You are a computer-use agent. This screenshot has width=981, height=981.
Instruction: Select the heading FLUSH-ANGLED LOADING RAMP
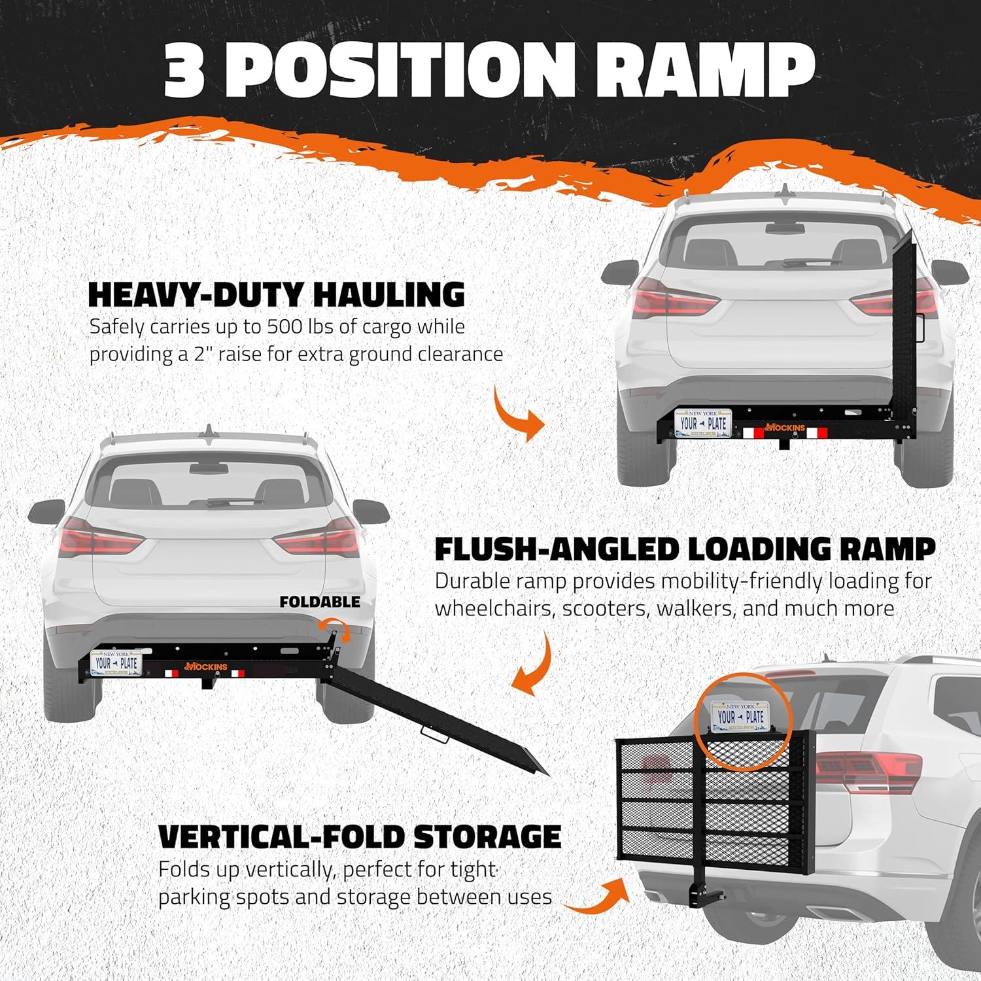[685, 549]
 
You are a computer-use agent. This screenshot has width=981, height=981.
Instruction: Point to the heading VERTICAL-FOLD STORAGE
[360, 836]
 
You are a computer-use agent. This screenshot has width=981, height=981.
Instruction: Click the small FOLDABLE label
[319, 602]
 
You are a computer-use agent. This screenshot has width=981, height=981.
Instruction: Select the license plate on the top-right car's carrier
[702, 422]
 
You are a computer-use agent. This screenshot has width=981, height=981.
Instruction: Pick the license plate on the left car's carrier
[118, 663]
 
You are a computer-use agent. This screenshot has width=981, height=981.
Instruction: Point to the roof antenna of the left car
[209, 432]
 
